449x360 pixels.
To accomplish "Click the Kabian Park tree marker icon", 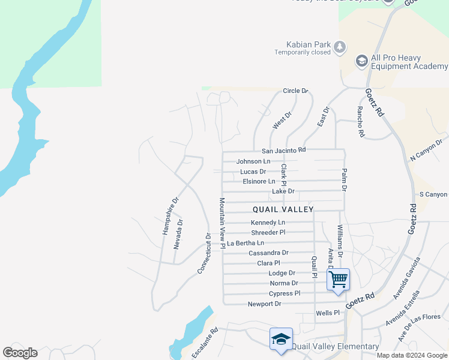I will (x=340, y=46).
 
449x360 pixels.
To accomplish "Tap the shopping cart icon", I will (x=338, y=279).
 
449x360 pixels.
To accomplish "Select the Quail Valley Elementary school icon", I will (x=281, y=340).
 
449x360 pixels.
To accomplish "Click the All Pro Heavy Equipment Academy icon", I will (x=361, y=61).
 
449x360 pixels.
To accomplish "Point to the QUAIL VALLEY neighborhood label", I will (x=283, y=209).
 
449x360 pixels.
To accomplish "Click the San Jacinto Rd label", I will (x=284, y=150).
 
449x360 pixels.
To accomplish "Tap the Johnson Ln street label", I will (x=253, y=161).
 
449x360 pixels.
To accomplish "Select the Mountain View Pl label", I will (x=221, y=224).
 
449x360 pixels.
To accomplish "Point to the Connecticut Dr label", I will (x=205, y=254).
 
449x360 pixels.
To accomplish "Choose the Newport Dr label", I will (x=265, y=304).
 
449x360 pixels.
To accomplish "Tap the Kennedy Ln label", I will (x=268, y=223).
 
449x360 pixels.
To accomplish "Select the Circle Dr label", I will (x=295, y=91).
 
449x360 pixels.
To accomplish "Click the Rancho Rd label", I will (x=361, y=122).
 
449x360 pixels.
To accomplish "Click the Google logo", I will (x=20, y=353).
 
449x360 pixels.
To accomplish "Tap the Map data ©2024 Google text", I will (x=411, y=355).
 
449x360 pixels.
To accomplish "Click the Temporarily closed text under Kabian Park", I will (x=303, y=52).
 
